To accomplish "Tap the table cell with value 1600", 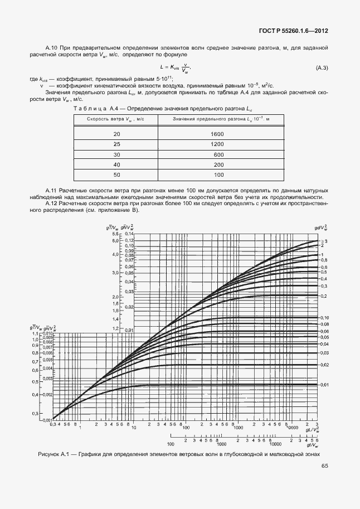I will [218, 134].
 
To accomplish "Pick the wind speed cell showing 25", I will [116, 144].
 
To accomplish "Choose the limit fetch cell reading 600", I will [218, 154].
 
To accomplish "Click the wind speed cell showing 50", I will [116, 175].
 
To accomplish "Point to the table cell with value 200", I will [218, 165].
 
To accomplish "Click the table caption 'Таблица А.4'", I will [92, 109].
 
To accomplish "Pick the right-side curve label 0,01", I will [324, 385].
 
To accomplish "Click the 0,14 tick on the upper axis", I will [129, 235].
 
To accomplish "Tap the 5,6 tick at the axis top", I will [116, 235].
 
